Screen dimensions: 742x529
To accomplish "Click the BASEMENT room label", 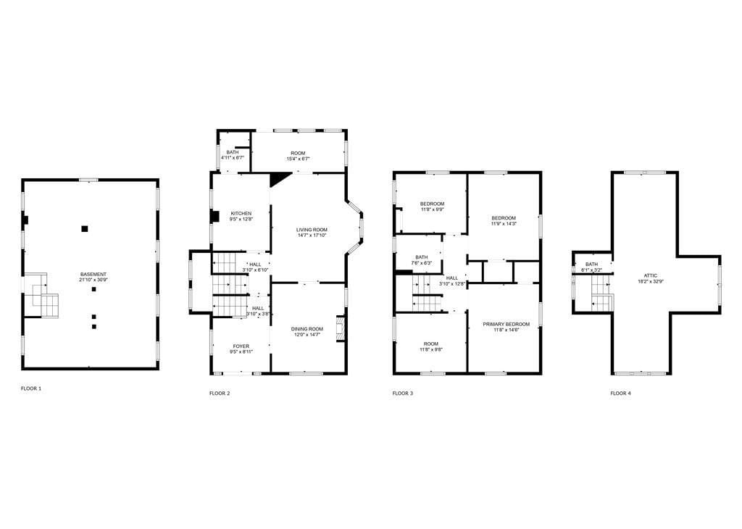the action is pyautogui.click(x=93, y=275).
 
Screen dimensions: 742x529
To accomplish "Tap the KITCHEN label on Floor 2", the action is pyautogui.click(x=241, y=213).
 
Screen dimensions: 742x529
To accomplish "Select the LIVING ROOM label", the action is pyautogui.click(x=312, y=230).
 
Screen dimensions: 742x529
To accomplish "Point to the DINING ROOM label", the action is pyautogui.click(x=307, y=329).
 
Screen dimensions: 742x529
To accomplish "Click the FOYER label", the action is pyautogui.click(x=241, y=346).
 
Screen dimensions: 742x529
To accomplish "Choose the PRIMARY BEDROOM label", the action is pyautogui.click(x=507, y=324).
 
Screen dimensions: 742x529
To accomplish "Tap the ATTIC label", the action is pyautogui.click(x=651, y=275).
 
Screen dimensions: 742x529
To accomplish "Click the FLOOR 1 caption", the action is pyautogui.click(x=31, y=388).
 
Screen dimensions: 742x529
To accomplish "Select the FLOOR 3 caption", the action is pyautogui.click(x=403, y=393).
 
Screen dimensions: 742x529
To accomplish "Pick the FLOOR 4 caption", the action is pyautogui.click(x=620, y=393).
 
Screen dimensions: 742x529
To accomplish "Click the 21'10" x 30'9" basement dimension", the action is pyautogui.click(x=93, y=280).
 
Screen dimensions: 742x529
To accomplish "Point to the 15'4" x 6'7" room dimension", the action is pyautogui.click(x=298, y=159).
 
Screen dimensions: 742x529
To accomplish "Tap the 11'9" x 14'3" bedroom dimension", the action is pyautogui.click(x=504, y=224).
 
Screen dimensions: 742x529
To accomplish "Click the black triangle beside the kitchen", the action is pyautogui.click(x=279, y=179).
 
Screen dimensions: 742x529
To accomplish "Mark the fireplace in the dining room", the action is pyautogui.click(x=340, y=328).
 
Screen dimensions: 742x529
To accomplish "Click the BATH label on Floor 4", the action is pyautogui.click(x=591, y=264).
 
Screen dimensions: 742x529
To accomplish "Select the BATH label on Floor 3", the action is pyautogui.click(x=422, y=257).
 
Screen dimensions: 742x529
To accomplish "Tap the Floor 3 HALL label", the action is pyautogui.click(x=452, y=278).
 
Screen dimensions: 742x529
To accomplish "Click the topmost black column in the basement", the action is pyautogui.click(x=85, y=229).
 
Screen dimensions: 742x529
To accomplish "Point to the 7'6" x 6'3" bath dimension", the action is pyautogui.click(x=422, y=263).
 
